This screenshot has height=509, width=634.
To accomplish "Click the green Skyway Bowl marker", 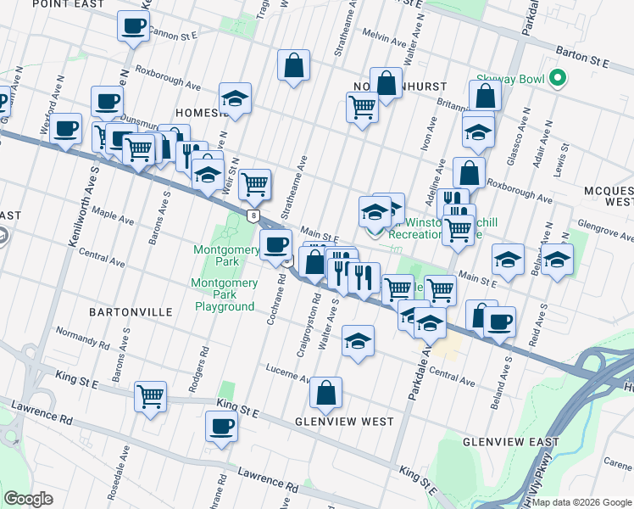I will point(557,80).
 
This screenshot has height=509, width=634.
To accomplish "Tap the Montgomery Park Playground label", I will point(224,294).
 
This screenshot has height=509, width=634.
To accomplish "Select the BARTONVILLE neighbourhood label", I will point(130,312).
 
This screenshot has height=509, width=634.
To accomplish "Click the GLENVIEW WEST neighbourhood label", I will point(343,422).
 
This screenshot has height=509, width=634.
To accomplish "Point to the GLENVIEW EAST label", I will point(511,442).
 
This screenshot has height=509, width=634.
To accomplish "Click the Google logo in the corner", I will point(29,499).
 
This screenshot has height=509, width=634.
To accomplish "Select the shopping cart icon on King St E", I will point(150,395).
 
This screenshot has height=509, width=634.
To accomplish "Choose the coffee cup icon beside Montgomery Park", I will point(275,244).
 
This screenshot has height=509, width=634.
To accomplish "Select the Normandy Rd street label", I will point(83,338).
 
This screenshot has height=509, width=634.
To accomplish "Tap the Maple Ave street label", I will point(114,215).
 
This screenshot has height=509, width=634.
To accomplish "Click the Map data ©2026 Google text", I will point(581,502).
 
